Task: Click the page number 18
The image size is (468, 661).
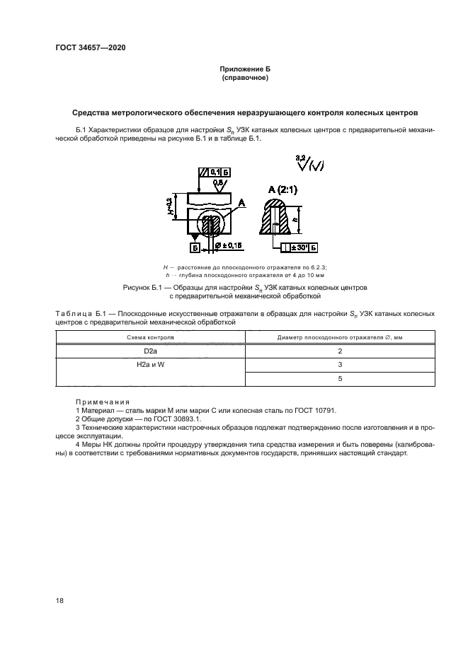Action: tap(59, 600)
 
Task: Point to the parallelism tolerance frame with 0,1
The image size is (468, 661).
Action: tap(215, 172)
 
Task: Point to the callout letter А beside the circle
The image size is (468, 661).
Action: tap(241, 203)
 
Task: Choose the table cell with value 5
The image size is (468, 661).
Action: tap(340, 379)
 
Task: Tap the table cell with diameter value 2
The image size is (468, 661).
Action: tap(340, 351)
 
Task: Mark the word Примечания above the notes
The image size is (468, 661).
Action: tap(103, 402)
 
